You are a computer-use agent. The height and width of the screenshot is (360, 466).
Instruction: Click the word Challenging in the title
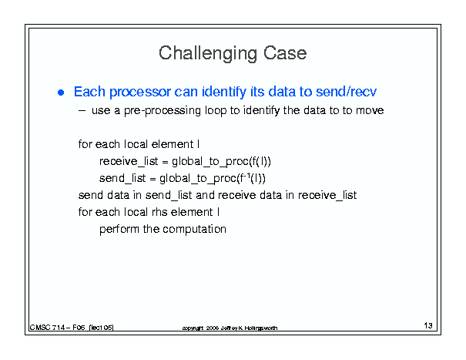pos(208,53)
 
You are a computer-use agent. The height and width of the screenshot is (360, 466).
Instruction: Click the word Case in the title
pos(285,53)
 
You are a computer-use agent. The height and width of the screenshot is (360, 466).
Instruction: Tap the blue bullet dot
pos(61,93)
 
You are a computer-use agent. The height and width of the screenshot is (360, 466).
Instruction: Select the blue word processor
pos(140,92)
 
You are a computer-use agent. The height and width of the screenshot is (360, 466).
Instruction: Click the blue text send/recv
pos(347,91)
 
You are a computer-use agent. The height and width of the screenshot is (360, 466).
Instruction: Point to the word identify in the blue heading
pos(224,92)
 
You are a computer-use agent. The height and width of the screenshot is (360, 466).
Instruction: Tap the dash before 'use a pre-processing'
pos(82,111)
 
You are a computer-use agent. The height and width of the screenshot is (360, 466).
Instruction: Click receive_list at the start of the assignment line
pos(129,162)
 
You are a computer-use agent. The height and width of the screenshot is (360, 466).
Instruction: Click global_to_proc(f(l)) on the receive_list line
pos(221,162)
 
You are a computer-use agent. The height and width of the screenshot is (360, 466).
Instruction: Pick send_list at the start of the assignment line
pos(122,179)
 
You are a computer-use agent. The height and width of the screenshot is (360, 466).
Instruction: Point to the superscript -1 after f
pos(247,176)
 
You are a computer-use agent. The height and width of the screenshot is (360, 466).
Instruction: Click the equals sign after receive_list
pos(165,163)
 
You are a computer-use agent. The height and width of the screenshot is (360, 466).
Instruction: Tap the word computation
pos(194,230)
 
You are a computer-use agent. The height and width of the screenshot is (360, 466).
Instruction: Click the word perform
pos(119,230)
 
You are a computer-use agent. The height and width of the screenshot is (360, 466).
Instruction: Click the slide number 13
pos(428,325)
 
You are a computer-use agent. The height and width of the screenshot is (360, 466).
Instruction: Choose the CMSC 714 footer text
pos(72,328)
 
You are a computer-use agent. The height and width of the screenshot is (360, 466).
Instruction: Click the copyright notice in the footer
pos(230,328)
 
